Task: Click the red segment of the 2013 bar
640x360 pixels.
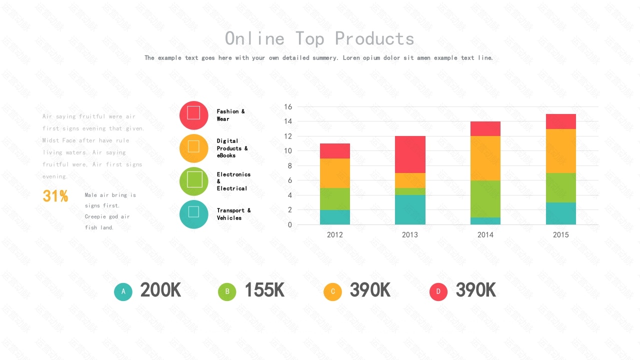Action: pos(410,154)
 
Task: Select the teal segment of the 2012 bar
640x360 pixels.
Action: pos(335,217)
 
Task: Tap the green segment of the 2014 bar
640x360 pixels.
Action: pos(485,198)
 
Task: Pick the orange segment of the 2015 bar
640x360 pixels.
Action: pos(560,151)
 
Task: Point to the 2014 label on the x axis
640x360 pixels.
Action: pos(485,234)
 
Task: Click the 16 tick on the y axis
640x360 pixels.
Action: pos(287,106)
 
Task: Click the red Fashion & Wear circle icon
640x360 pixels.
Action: pos(193,115)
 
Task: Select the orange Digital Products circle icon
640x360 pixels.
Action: pos(193,148)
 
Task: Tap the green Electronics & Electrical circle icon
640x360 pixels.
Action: pos(193,181)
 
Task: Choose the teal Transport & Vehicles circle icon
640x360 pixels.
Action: pos(193,214)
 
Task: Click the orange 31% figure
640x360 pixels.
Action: pos(55,196)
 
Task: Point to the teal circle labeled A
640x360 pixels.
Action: pos(123,291)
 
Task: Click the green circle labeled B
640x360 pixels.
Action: pos(227,291)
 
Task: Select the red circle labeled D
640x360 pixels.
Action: pos(438,291)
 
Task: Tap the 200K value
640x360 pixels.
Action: pos(160,290)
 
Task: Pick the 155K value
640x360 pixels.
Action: pos(264,290)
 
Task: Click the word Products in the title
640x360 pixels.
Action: pos(374,38)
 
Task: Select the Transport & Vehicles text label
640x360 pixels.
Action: pos(233,214)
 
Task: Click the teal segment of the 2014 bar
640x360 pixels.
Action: pos(485,221)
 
